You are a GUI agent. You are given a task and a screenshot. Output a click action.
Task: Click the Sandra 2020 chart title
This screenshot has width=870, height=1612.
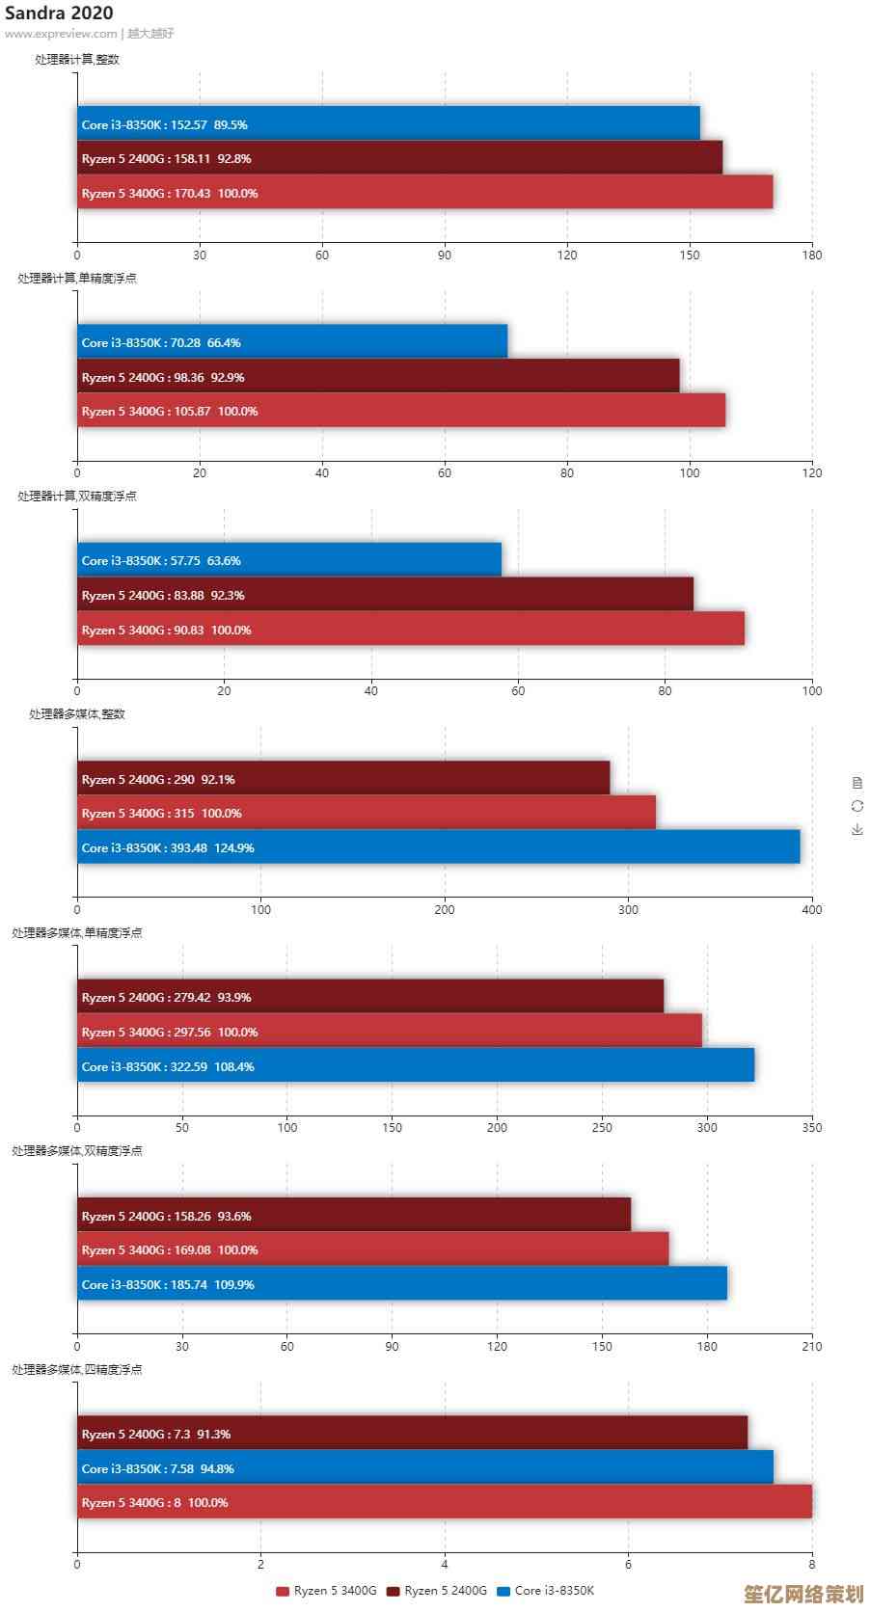(x=59, y=13)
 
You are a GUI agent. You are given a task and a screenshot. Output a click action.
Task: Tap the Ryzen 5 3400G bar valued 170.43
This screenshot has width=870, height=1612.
(x=424, y=192)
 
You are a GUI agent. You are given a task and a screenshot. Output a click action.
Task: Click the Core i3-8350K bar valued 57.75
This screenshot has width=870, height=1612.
(x=289, y=559)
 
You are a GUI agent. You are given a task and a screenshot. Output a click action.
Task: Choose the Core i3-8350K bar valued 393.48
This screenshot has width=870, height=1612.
(x=439, y=846)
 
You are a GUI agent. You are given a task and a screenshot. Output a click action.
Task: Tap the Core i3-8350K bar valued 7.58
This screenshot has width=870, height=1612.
(x=425, y=1467)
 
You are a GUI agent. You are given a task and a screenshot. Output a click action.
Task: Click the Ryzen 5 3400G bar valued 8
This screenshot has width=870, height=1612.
(x=445, y=1501)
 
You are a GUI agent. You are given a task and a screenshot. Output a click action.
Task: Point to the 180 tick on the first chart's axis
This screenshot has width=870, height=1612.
(x=812, y=255)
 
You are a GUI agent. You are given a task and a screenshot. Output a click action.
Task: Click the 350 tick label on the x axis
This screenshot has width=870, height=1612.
(x=812, y=1127)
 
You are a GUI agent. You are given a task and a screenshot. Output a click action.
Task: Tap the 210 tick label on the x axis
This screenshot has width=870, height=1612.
(x=812, y=1346)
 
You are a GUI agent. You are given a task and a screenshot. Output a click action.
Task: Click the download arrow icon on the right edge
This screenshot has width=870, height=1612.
(x=857, y=829)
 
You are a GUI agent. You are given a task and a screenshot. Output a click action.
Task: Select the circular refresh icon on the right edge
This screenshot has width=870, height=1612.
(x=857, y=806)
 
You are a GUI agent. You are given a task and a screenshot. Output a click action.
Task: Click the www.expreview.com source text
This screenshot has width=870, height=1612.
(x=61, y=34)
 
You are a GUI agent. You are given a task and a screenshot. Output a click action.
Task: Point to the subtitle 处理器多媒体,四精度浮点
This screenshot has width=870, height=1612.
(x=77, y=1369)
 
